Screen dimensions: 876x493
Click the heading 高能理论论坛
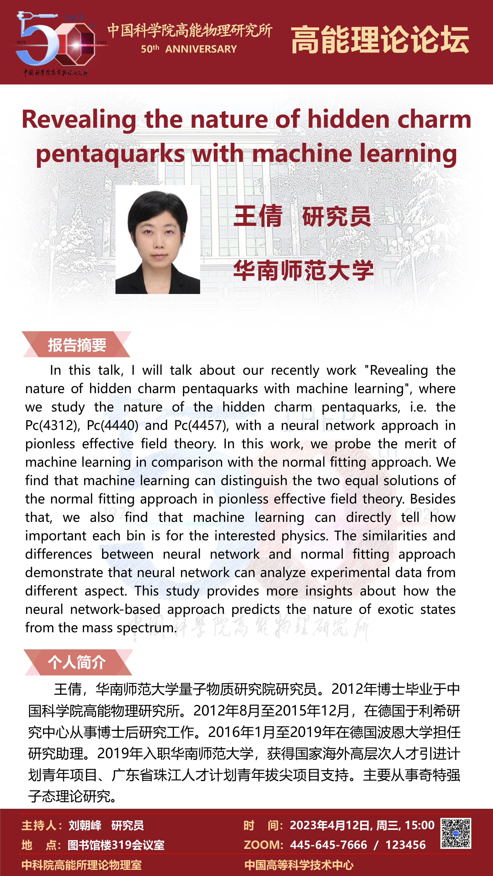click(380, 40)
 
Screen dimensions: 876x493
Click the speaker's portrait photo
click(158, 239)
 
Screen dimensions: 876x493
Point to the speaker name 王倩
click(258, 216)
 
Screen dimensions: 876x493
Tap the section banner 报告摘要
click(77, 345)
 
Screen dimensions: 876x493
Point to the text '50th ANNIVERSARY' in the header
click(189, 49)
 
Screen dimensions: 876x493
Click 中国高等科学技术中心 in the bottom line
click(299, 865)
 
